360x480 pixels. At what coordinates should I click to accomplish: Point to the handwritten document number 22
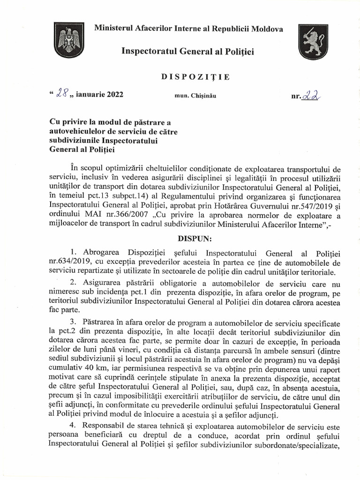[312, 95]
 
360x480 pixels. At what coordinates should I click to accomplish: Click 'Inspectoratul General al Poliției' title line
[187, 51]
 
